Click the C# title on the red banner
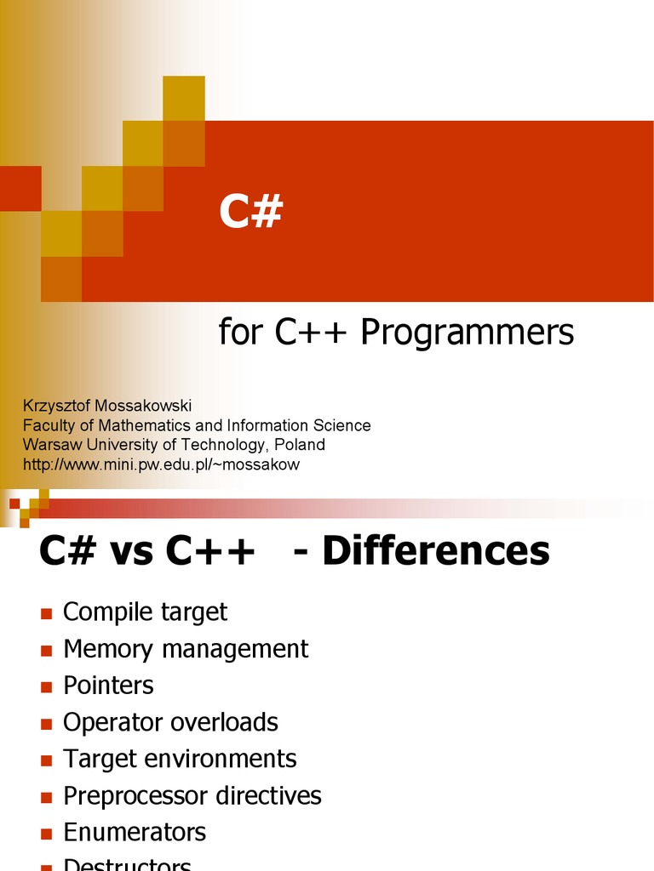(x=250, y=213)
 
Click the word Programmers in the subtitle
(x=467, y=333)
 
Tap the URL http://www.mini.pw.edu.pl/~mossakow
(x=162, y=464)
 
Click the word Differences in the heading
(x=436, y=552)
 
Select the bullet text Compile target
(x=146, y=612)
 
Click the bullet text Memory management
(x=186, y=649)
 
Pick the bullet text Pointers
(x=108, y=686)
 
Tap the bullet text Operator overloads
(x=170, y=722)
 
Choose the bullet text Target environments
(x=180, y=759)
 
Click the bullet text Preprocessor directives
(x=192, y=796)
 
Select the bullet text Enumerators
(x=135, y=833)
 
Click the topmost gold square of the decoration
(x=184, y=97)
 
